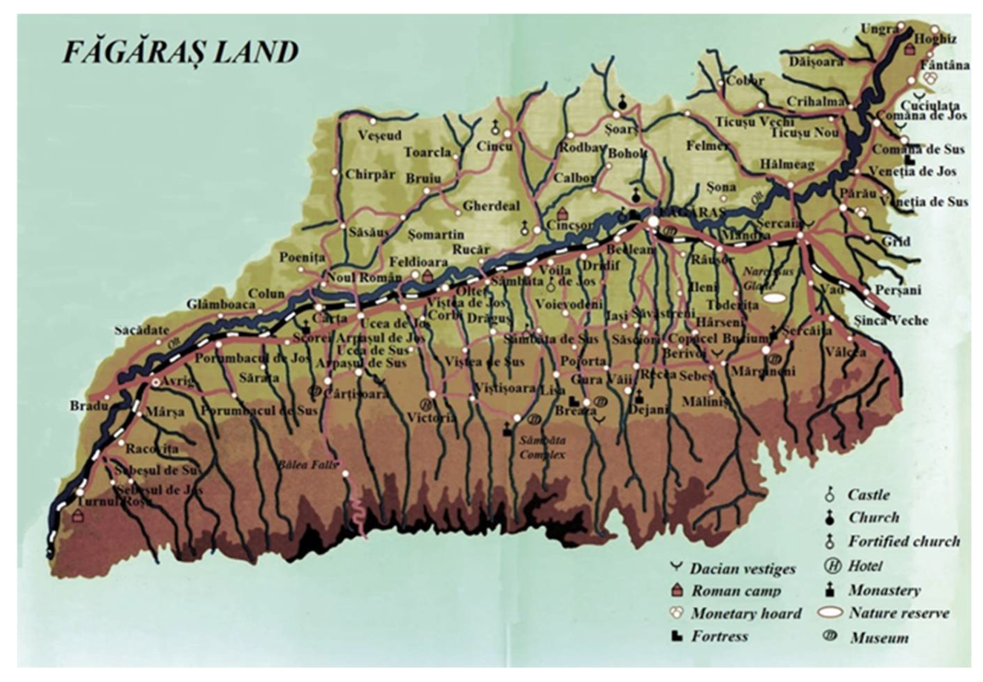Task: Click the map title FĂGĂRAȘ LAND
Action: coord(180,53)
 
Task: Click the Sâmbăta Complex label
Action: coord(542,447)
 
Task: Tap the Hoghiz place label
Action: coord(936,39)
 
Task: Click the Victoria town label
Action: coord(431,418)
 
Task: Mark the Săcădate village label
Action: coord(142,330)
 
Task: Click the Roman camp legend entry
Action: coord(735,591)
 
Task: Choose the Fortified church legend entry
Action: coord(904,542)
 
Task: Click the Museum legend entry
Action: coord(879,637)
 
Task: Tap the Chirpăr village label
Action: coord(370,175)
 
